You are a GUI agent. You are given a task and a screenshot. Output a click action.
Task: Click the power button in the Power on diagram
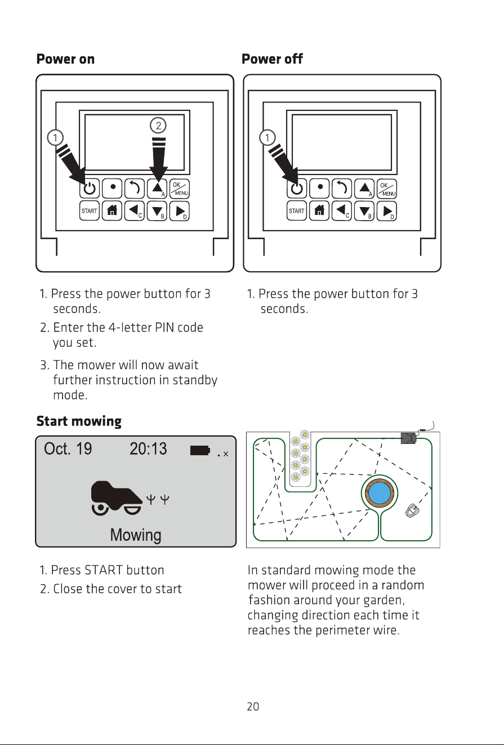pos(89,189)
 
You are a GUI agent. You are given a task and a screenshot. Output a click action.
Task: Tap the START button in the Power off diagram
pos(297,211)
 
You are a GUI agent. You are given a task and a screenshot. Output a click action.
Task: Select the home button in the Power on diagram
pos(112,211)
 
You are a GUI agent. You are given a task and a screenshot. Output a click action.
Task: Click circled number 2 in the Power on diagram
pos(158,125)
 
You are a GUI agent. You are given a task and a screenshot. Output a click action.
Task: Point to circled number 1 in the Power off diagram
pos(267,137)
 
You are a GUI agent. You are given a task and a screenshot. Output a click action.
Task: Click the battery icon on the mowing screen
pos(200,450)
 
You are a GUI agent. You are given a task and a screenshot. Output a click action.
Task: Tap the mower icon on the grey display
pos(117,498)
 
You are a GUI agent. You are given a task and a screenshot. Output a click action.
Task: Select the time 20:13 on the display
pos(148,448)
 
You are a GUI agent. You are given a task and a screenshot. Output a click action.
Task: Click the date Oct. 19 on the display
pos(68,448)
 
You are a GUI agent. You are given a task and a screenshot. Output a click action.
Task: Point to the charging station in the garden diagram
pos(408,438)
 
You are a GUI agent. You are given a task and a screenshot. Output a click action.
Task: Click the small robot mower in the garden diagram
pos(412,510)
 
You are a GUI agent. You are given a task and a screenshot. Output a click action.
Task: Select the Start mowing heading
pos(79,421)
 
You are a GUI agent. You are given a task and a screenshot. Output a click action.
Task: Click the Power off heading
pos(272,59)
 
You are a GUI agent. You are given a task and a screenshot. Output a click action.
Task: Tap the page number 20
pos(253,706)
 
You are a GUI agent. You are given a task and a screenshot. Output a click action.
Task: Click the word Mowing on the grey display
pos(136,535)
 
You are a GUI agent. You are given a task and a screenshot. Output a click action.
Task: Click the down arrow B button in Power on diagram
pos(157,211)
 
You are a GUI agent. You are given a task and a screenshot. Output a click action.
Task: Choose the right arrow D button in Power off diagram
pos(387,211)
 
